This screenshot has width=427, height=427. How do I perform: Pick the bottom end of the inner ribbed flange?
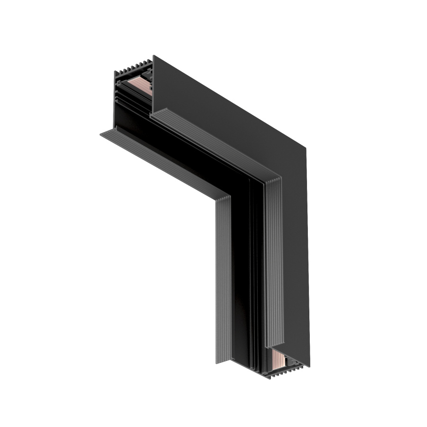[223, 361]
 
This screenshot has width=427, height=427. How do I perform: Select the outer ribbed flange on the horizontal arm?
[213, 142]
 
